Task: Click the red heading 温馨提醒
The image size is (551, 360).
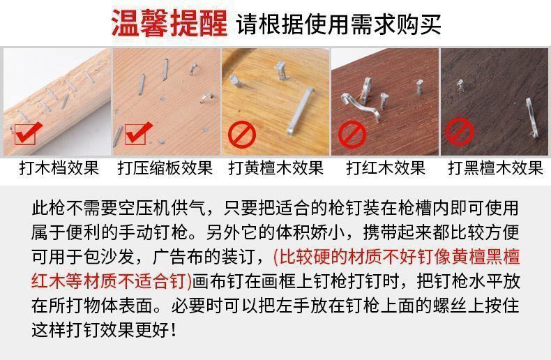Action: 169,24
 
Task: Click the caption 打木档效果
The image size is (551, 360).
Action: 59,168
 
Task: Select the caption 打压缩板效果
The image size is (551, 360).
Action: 165,168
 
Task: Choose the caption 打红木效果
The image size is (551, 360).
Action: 386,168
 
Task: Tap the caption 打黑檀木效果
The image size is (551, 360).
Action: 495,168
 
